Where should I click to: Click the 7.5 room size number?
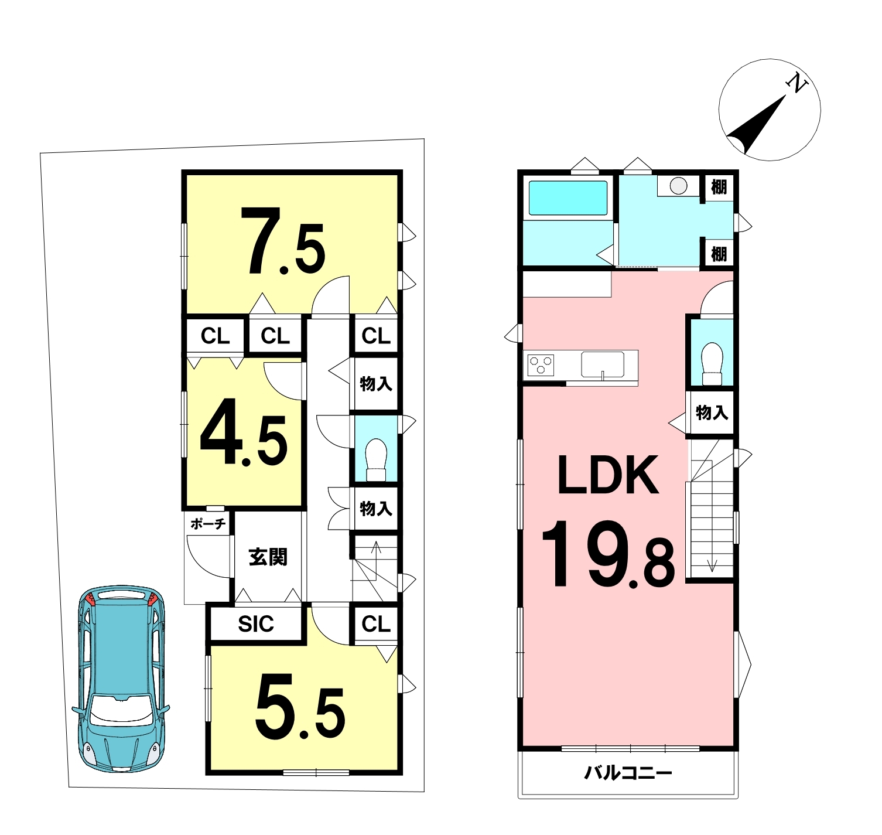coord(286,241)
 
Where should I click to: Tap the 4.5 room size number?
coord(244,432)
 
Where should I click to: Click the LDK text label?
coord(608,475)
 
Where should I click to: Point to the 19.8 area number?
coord(608,554)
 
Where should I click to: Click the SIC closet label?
coord(256,624)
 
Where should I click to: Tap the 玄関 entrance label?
coord(268,556)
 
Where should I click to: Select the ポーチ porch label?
coord(208,524)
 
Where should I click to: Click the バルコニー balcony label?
coord(628,773)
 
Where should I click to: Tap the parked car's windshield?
coord(121,710)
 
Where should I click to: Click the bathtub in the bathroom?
coord(568,198)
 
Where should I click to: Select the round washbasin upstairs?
coord(678,186)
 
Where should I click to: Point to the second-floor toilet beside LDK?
coord(712,363)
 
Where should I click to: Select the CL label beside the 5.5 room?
coord(376,624)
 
